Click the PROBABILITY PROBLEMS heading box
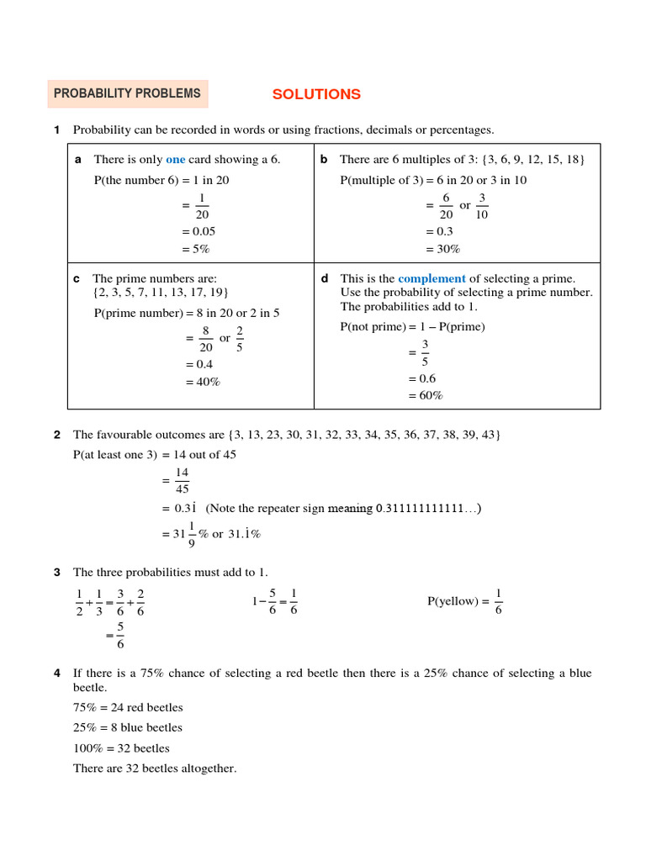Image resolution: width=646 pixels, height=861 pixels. [x=127, y=94]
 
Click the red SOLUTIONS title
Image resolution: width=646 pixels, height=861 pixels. [x=316, y=94]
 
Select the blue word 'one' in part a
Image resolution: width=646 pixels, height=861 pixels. [x=175, y=159]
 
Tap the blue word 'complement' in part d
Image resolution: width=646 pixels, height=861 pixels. [x=432, y=278]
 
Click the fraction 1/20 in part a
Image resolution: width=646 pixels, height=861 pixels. [x=202, y=206]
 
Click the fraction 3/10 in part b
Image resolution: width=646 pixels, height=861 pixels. [x=482, y=206]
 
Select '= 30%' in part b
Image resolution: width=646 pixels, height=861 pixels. [x=442, y=249]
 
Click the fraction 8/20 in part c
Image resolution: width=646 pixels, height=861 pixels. [x=205, y=339]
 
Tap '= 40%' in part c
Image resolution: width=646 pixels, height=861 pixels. [x=202, y=382]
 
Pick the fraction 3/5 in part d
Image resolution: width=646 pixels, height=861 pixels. [x=425, y=353]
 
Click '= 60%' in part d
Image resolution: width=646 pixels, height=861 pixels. [x=426, y=395]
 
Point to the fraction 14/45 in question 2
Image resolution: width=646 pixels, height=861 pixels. [x=182, y=481]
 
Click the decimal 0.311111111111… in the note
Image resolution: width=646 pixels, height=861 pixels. [x=427, y=509]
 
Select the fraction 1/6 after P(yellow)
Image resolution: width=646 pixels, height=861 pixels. [x=499, y=602]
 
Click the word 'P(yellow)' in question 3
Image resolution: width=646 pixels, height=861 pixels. [x=453, y=601]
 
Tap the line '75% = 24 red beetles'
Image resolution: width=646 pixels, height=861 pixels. [x=128, y=707]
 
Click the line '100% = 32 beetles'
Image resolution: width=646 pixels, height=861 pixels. [x=121, y=747]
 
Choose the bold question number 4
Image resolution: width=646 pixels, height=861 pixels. [x=57, y=673]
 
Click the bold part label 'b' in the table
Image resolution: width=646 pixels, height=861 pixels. [x=324, y=159]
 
